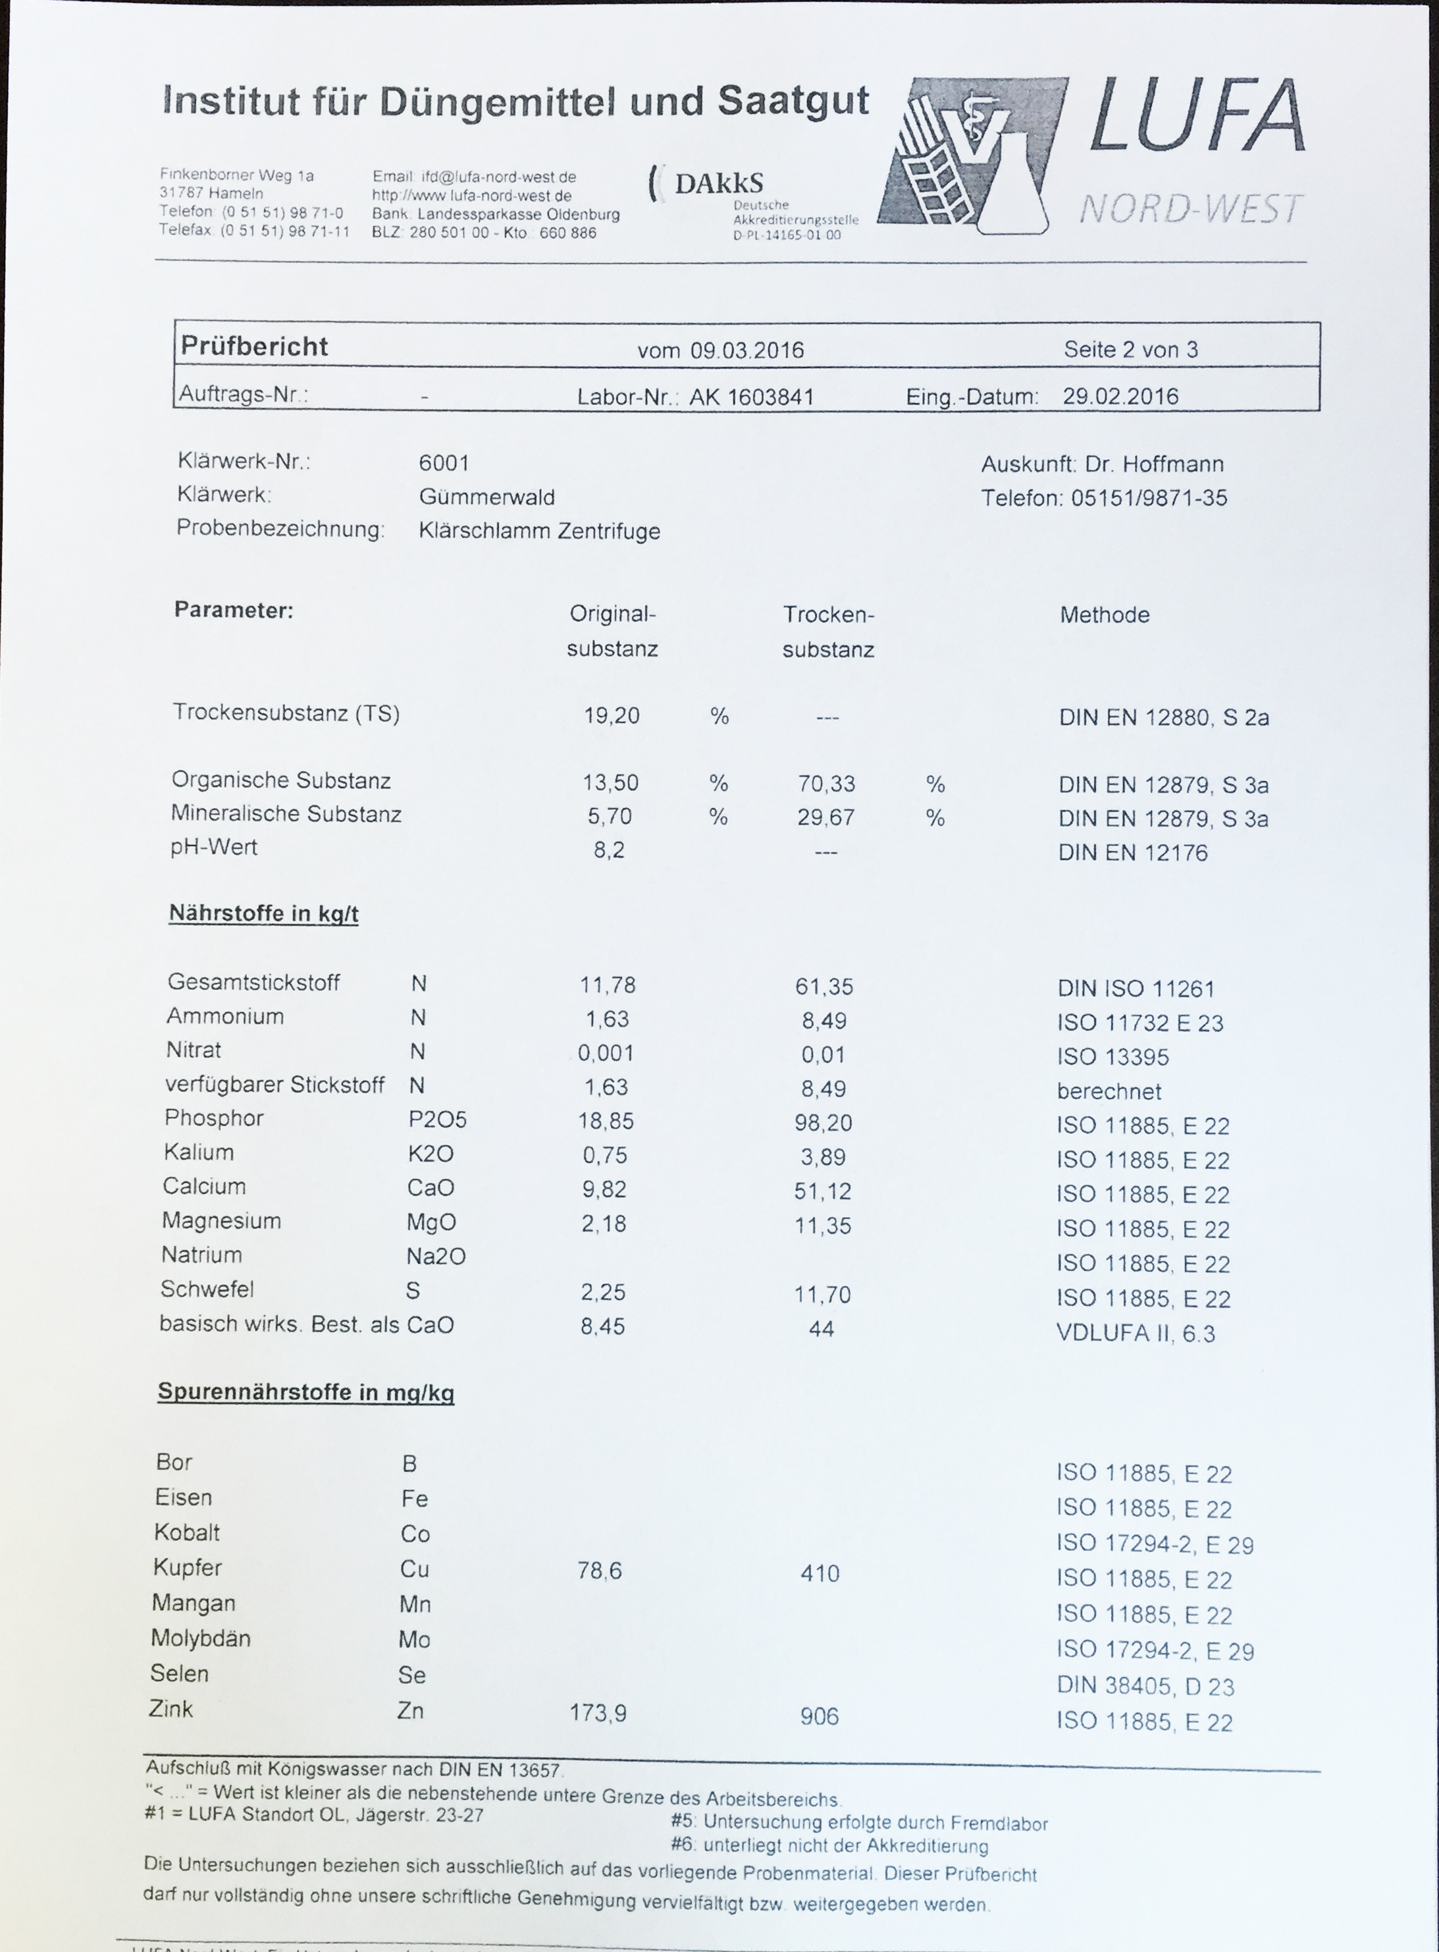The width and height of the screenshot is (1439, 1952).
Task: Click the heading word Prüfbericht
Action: [253, 347]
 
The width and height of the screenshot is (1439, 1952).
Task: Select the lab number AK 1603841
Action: [752, 397]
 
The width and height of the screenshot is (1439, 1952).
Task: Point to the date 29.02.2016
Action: [1120, 396]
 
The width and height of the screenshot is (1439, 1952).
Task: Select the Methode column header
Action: [1104, 615]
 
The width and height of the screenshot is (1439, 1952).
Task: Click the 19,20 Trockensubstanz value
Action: [611, 715]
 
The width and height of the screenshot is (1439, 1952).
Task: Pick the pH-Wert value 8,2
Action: [609, 850]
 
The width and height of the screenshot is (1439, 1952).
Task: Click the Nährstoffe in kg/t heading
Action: [263, 913]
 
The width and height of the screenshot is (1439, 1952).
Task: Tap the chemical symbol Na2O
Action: [436, 1256]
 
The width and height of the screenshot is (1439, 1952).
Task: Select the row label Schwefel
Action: [207, 1289]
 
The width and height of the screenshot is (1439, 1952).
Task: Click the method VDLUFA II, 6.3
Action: [1135, 1334]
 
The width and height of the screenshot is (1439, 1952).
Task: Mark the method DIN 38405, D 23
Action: [1145, 1685]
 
